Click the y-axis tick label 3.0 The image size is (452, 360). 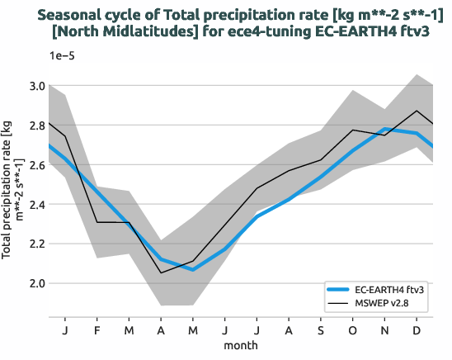click(x=35, y=86)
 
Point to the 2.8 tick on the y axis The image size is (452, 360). click(x=35, y=126)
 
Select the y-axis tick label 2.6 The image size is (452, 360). click(x=35, y=165)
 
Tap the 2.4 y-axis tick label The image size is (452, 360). click(x=35, y=204)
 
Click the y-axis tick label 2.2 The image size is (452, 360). click(x=35, y=244)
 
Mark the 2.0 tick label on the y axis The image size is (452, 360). click(x=35, y=283)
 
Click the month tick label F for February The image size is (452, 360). click(x=97, y=330)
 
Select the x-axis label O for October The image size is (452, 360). click(x=351, y=330)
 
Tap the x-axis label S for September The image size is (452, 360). click(x=320, y=330)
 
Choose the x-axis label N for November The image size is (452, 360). click(x=384, y=330)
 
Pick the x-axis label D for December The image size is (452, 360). click(x=416, y=330)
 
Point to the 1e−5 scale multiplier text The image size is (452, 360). click(x=64, y=54)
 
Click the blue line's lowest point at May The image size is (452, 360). click(x=193, y=269)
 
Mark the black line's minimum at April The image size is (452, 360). click(x=161, y=272)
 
